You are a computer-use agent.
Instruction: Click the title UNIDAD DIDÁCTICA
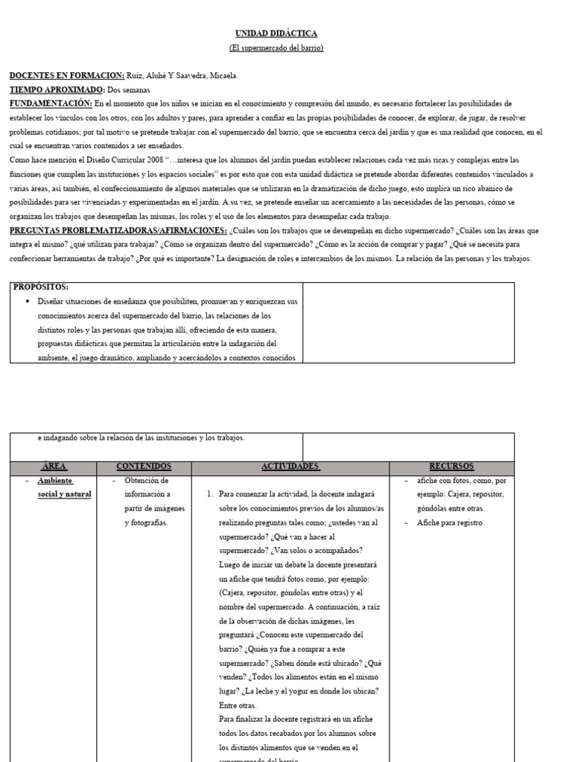coord(276,33)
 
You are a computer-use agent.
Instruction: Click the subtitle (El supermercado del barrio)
coord(276,48)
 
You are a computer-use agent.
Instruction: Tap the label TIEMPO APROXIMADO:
coord(57,89)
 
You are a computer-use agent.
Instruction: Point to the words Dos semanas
coord(129,89)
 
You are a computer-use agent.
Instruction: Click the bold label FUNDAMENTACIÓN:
coord(51,103)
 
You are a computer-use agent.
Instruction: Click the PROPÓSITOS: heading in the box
coord(42,286)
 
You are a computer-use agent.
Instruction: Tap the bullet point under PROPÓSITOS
coord(28,301)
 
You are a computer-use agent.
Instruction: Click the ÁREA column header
coord(54,467)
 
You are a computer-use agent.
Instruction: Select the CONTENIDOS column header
coord(144,467)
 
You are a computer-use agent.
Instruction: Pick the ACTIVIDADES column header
coord(290,467)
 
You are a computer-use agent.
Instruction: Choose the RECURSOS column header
coord(451,467)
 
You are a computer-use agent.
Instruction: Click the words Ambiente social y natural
coord(64,487)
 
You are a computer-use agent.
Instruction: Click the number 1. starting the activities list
coord(209,494)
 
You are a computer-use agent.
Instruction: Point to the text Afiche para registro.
coord(451,522)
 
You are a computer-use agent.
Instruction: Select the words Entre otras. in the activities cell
coord(237,705)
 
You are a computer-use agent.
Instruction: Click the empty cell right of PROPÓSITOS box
coord(408,322)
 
